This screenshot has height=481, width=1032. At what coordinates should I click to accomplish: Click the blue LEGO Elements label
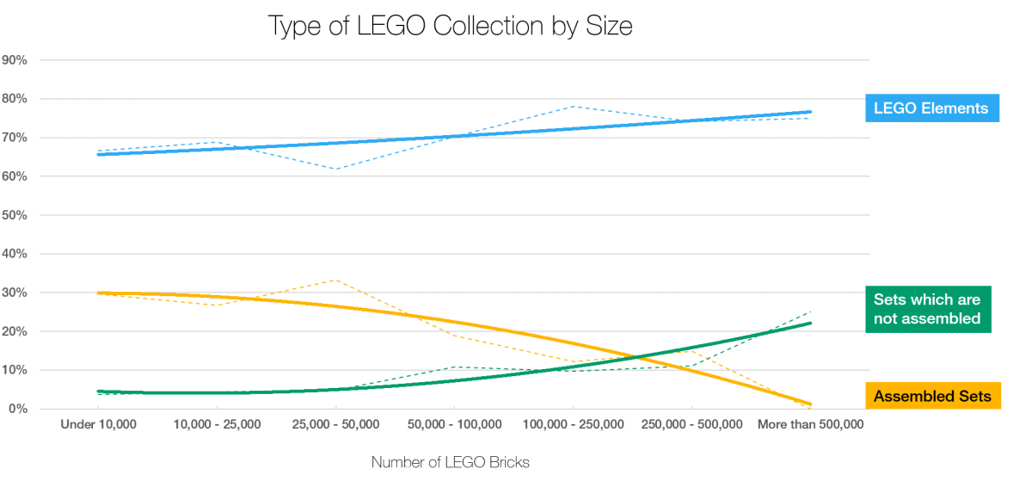[x=932, y=108]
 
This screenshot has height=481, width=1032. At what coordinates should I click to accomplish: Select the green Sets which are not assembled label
[x=926, y=309]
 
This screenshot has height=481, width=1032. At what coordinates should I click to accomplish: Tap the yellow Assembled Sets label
[x=932, y=396]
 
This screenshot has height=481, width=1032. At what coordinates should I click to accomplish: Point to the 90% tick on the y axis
[x=15, y=60]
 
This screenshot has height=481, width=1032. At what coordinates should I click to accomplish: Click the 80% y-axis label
[x=15, y=99]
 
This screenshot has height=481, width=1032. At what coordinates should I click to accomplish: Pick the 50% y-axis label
[x=15, y=215]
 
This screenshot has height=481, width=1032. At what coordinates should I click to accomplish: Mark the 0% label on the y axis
[x=18, y=409]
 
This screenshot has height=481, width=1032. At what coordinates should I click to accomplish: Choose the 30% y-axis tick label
[x=15, y=293]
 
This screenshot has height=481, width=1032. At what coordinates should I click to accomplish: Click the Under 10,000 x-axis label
[x=98, y=424]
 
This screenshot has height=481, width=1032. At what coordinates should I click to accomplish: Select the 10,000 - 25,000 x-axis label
[x=217, y=424]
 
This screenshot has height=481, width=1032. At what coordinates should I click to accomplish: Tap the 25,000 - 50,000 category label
[x=335, y=424]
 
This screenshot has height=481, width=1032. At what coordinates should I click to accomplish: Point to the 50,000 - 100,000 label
[x=454, y=424]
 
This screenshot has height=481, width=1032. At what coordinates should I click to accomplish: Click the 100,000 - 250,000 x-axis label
[x=573, y=424]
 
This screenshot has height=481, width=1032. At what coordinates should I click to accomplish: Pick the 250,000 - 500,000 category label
[x=691, y=424]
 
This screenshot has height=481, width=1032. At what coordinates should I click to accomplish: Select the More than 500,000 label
[x=809, y=424]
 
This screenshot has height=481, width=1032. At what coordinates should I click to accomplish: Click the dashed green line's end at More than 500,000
[x=811, y=311]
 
